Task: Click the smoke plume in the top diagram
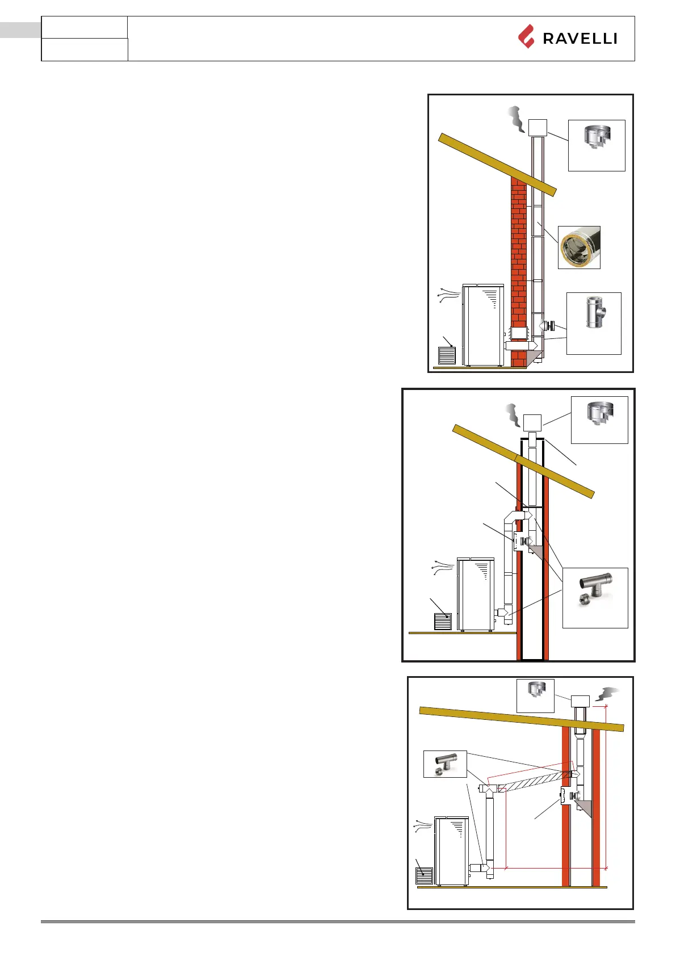515,119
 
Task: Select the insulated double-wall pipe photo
579,248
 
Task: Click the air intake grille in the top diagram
447,355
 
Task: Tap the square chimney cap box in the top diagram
538,128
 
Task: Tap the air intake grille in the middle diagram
443,621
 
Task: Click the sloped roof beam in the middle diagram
522,460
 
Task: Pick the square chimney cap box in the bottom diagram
580,701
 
